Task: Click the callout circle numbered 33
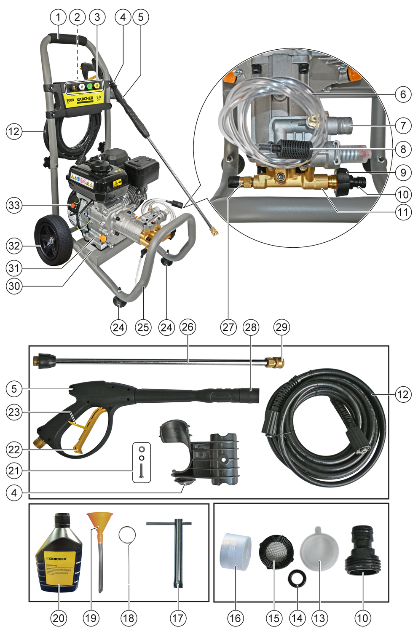click(14, 206)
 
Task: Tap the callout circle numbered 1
click(58, 17)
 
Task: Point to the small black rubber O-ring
click(297, 578)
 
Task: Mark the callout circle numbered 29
click(281, 327)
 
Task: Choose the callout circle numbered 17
click(178, 618)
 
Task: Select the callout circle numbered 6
click(403, 94)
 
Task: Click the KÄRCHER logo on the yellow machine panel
click(85, 99)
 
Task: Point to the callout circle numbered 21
click(14, 471)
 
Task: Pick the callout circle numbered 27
click(228, 327)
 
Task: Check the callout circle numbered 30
click(14, 286)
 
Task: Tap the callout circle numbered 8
click(403, 149)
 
